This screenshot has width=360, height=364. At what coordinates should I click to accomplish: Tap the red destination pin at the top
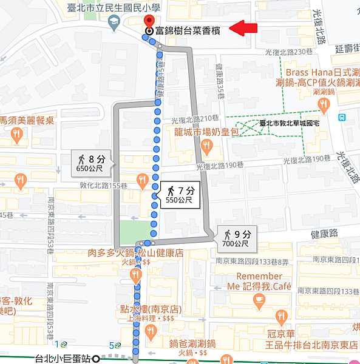coord(149,21)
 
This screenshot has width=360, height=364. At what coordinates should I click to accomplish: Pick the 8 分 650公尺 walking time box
coord(92,163)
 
